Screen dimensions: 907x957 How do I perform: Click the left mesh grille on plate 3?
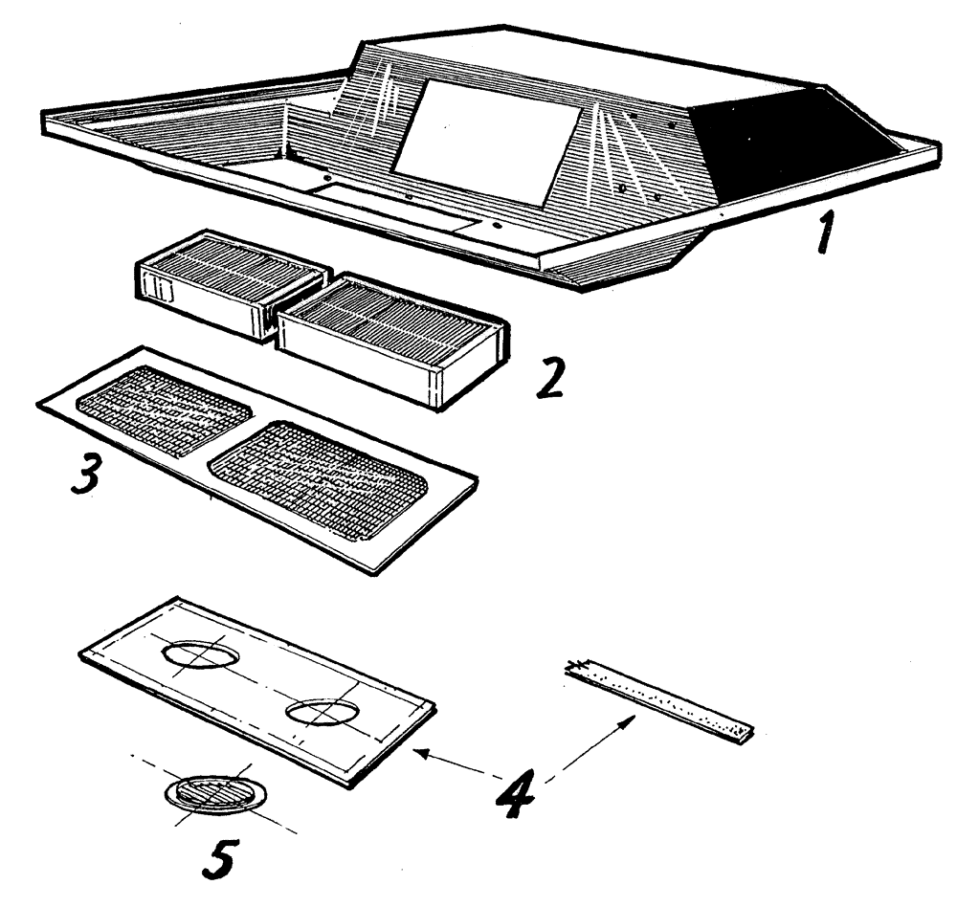(x=165, y=409)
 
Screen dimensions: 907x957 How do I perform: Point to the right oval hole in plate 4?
(x=323, y=712)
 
